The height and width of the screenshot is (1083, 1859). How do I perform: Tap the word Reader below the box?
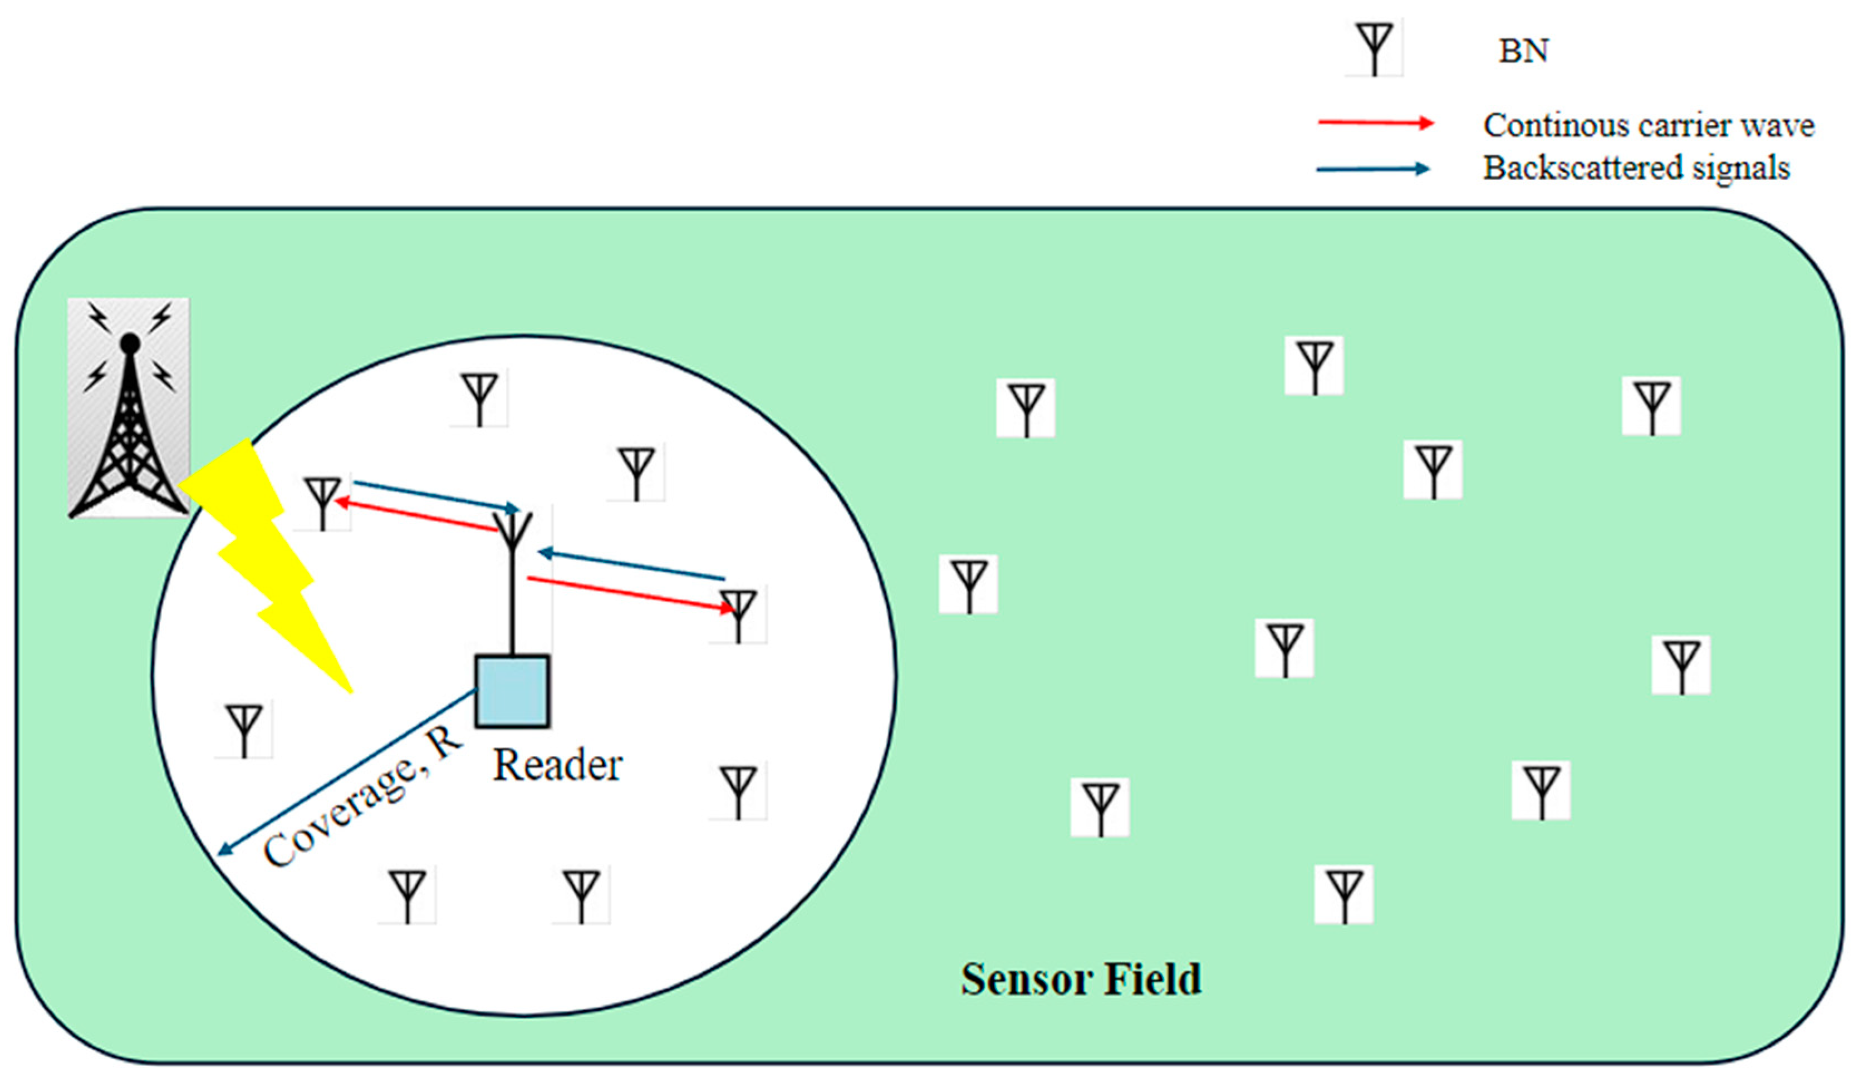pos(557,765)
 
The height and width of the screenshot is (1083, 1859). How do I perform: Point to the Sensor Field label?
pos(1081,979)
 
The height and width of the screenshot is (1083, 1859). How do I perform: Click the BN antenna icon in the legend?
pos(1373,48)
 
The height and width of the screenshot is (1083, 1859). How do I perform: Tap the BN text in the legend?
pos(1523,51)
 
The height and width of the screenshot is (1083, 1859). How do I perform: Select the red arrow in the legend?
pos(1375,123)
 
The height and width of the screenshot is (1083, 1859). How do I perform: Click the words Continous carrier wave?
pos(1648,125)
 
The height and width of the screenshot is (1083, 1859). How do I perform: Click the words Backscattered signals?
pos(1636,168)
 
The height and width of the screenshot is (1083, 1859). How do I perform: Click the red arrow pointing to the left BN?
pos(417,515)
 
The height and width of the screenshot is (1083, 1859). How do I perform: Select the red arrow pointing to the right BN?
pos(631,593)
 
